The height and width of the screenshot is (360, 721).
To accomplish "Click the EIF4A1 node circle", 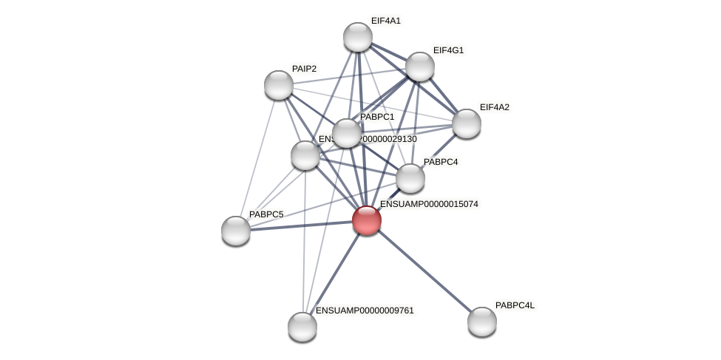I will point(358,37).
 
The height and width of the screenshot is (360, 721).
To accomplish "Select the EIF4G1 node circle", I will point(420,67).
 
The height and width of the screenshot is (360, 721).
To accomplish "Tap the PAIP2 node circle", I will point(279,85).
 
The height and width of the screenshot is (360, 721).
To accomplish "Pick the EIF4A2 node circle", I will point(467,123).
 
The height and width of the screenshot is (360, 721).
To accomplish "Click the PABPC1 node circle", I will point(347,133).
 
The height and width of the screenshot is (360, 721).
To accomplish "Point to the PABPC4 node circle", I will point(410,178).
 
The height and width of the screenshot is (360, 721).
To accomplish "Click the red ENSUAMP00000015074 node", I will point(367,220).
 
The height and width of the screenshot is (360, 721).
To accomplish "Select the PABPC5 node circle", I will point(236,231).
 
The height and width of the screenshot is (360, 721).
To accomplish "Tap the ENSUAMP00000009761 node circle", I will point(302,327).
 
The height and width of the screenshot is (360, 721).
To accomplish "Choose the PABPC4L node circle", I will point(482,322).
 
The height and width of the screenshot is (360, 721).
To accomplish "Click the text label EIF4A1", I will point(385,21).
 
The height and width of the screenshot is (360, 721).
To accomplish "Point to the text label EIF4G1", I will point(448,50).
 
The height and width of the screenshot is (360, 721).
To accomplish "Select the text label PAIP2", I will point(304,69).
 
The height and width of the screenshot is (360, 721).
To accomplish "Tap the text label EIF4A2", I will point(494,107).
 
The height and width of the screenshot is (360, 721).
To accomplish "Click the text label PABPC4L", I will point(515,305).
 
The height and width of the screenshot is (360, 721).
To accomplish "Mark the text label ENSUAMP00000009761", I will point(365,310).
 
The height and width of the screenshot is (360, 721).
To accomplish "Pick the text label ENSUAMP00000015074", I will point(429,204).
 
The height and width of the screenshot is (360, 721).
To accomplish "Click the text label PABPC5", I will point(265,214).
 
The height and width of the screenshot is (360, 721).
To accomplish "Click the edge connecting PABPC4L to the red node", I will point(424,271).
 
